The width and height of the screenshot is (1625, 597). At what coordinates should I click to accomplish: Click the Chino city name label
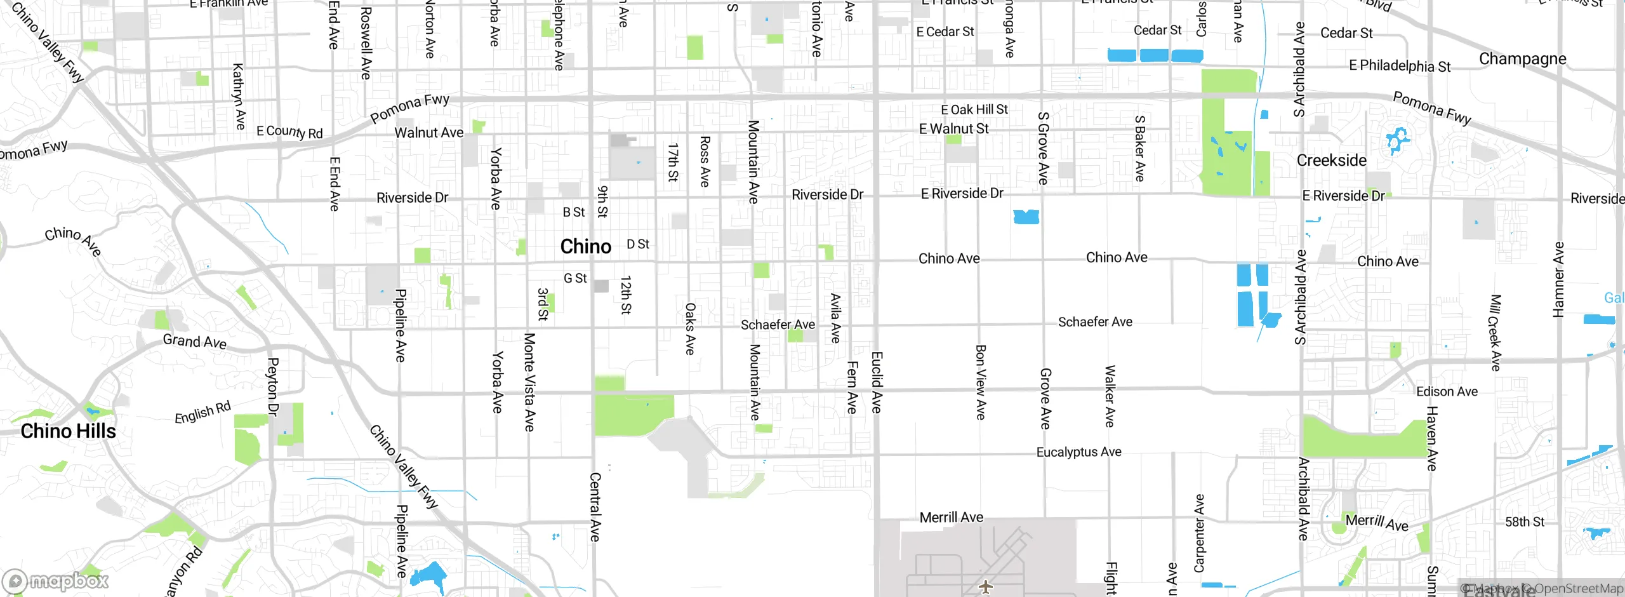coord(585,246)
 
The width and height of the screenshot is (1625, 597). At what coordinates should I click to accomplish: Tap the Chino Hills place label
coord(69,431)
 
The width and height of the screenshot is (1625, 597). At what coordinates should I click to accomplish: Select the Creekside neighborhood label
coord(1332,160)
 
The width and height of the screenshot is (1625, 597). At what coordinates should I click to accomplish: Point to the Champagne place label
coord(1522,59)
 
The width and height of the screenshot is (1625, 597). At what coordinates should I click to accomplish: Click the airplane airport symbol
coord(985,586)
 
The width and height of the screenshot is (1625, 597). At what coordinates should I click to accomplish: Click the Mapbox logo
coord(56,580)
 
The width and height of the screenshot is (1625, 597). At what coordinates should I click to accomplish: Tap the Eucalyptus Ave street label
coord(1078,452)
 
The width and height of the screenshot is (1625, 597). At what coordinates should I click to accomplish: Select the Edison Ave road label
coord(1447,392)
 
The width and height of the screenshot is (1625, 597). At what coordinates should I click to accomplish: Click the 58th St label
coord(1525,521)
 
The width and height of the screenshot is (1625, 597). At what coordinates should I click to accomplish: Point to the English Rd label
coord(202,412)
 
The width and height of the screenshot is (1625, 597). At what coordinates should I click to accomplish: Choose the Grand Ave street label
coord(194,341)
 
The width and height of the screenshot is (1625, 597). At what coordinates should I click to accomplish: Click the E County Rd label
coord(289,131)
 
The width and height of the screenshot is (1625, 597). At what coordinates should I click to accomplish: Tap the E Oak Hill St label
coord(974,109)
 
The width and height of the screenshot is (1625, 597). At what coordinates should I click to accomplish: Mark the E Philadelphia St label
coord(1400,65)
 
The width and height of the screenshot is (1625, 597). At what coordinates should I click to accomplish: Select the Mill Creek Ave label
coord(1496,333)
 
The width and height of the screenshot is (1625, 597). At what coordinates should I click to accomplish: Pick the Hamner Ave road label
coord(1558,279)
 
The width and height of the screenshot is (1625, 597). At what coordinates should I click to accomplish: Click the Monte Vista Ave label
coord(529,382)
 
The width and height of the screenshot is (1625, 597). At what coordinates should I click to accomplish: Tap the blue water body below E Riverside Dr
coord(1026,217)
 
